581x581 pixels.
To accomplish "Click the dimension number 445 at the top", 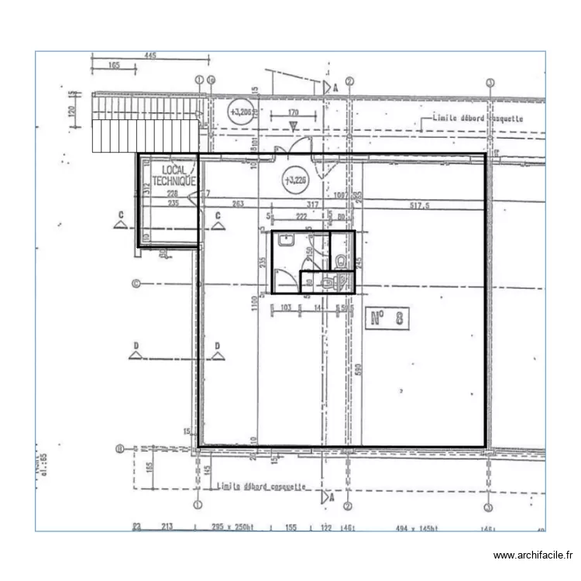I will point(150,55).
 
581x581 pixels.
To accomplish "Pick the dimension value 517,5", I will point(420,205).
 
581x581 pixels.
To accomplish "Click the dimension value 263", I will point(238,205).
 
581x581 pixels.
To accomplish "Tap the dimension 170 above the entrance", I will point(293,113).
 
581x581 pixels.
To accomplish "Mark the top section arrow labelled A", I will point(328,88).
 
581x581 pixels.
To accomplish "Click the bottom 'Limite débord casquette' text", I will point(261,486).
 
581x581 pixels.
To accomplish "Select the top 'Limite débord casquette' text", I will point(472,119).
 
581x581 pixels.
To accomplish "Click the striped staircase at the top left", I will point(145,125).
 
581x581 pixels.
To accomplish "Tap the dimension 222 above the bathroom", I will point(301,215).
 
